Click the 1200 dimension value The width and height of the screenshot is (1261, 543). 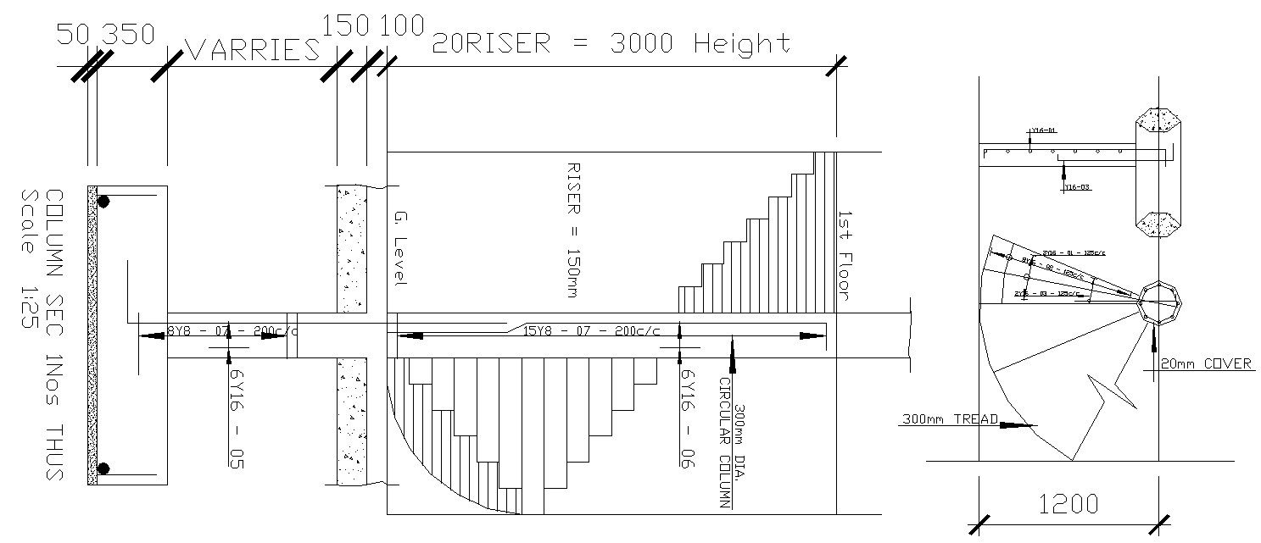[1068, 505]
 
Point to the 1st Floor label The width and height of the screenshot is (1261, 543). [845, 254]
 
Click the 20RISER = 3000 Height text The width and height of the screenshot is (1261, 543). [611, 43]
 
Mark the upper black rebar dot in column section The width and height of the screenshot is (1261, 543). [103, 202]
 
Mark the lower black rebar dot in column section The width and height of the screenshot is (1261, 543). [103, 468]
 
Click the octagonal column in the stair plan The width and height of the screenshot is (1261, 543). [1158, 301]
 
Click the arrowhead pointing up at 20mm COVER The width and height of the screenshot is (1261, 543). [1153, 339]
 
